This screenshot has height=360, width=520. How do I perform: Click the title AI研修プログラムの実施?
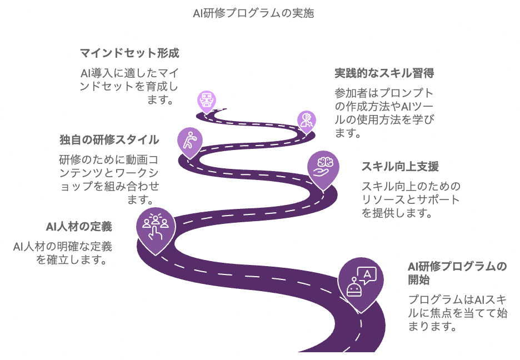(x=253, y=13)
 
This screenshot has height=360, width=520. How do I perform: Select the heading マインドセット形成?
(x=129, y=53)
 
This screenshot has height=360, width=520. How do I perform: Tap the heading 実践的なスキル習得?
(x=384, y=73)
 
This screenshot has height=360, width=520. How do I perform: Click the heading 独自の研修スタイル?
(x=109, y=139)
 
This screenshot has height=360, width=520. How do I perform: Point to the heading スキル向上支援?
(x=400, y=166)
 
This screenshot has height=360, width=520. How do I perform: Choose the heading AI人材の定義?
(x=79, y=227)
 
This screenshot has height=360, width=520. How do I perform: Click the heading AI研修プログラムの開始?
(x=458, y=273)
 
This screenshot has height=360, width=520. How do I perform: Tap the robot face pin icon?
(x=207, y=102)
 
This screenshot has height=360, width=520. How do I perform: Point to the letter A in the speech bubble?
(x=367, y=274)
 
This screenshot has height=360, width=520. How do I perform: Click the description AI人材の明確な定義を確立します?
(x=63, y=253)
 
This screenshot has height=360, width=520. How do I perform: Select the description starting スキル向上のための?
(x=411, y=199)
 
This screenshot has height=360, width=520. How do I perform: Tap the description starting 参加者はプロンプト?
(x=384, y=113)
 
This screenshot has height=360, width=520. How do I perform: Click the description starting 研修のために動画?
(x=109, y=179)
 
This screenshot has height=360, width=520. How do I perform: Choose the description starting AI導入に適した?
(x=129, y=86)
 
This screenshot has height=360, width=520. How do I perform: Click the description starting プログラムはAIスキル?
(x=458, y=313)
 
